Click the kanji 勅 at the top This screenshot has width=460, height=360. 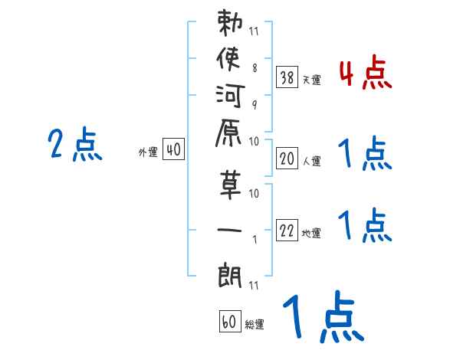click(x=230, y=23)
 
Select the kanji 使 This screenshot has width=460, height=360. click(x=228, y=58)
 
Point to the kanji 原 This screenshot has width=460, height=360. click(x=228, y=133)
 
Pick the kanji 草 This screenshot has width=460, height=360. click(x=230, y=185)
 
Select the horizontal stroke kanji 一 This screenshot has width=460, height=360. click(x=229, y=230)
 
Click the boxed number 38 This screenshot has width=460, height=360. click(x=287, y=77)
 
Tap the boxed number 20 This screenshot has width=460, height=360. click(x=287, y=159)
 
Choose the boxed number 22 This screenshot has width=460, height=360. click(x=287, y=230)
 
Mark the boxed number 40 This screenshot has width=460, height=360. click(x=173, y=149)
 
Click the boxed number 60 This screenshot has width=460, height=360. click(x=230, y=321)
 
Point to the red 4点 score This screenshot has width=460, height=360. click(x=366, y=72)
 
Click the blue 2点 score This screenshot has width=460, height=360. click(x=75, y=144)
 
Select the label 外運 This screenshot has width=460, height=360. click(x=148, y=152)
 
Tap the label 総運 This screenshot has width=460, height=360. click(x=255, y=324)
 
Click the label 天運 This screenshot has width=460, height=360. click(x=311, y=80)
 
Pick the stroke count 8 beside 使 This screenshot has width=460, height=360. click(x=255, y=67)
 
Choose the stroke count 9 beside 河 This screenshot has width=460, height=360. click(x=255, y=105)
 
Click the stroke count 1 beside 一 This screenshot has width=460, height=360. click(x=255, y=240)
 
